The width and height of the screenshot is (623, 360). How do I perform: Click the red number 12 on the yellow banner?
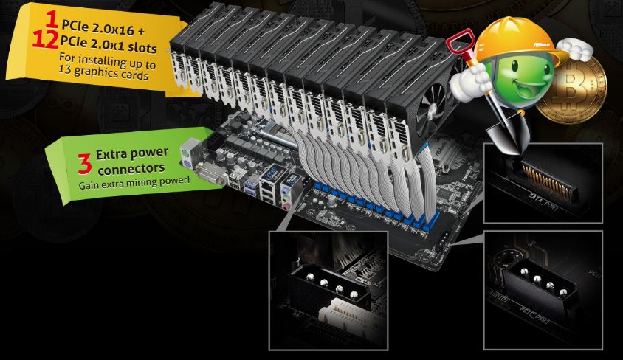[46, 38]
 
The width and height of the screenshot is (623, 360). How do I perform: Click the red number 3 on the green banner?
[84, 160]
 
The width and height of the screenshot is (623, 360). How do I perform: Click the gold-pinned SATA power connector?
[548, 176]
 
